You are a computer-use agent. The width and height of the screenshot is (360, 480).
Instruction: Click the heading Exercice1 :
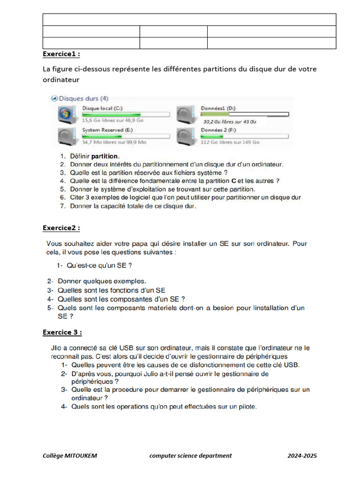[x=61, y=54]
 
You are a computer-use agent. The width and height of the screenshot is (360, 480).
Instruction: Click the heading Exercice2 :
[x=61, y=228]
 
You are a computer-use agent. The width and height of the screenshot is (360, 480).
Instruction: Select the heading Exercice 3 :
[x=62, y=332]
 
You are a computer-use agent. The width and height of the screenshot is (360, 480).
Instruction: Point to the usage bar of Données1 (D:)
[x=245, y=114]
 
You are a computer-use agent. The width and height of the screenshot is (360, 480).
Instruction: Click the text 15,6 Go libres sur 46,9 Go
[x=112, y=120]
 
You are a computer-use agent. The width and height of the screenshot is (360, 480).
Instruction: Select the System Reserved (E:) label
[x=106, y=130]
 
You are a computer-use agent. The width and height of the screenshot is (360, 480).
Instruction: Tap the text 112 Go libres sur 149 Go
[x=230, y=142]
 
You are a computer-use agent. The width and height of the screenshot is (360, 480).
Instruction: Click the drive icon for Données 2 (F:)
[x=185, y=136]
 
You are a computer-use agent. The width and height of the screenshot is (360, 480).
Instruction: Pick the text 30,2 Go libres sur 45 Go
[x=230, y=121]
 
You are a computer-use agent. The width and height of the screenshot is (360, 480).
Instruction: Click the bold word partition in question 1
[x=105, y=156]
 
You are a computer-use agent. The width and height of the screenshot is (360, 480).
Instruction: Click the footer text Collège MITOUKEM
[x=70, y=456]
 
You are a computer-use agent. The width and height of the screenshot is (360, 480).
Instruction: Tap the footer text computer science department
[x=190, y=456]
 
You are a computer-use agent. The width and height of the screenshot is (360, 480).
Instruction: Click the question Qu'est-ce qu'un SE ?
[x=99, y=265]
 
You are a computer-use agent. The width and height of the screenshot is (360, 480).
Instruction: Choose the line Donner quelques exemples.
[x=102, y=282]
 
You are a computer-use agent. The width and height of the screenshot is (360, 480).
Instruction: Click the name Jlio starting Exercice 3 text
[x=57, y=348]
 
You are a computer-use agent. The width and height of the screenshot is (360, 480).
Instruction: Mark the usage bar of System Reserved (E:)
[x=126, y=136]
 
